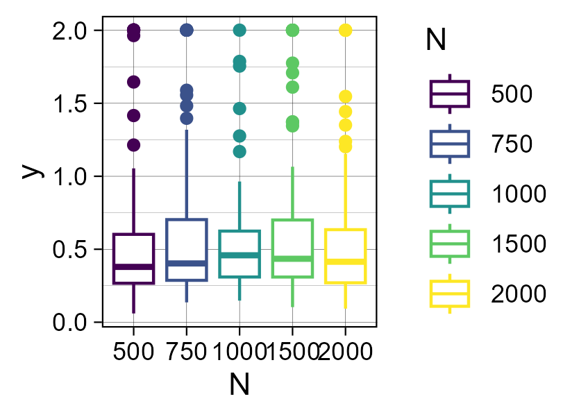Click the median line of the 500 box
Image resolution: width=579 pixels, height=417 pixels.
tap(133, 266)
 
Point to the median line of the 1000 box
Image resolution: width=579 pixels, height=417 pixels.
tap(239, 255)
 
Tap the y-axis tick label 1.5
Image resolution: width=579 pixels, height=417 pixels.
tap(72, 104)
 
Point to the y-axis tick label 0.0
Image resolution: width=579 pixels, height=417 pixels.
tap(72, 323)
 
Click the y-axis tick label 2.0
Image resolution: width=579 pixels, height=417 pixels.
tap(72, 31)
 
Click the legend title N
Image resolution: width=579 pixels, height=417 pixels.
tap(436, 42)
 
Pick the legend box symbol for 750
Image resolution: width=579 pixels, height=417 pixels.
tap(450, 144)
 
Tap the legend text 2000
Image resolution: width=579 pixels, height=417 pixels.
tap(519, 295)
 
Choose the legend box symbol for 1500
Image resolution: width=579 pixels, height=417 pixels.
tap(450, 244)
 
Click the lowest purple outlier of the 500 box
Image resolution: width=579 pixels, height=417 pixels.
tap(133, 145)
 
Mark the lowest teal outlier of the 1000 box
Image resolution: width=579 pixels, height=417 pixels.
tap(239, 151)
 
